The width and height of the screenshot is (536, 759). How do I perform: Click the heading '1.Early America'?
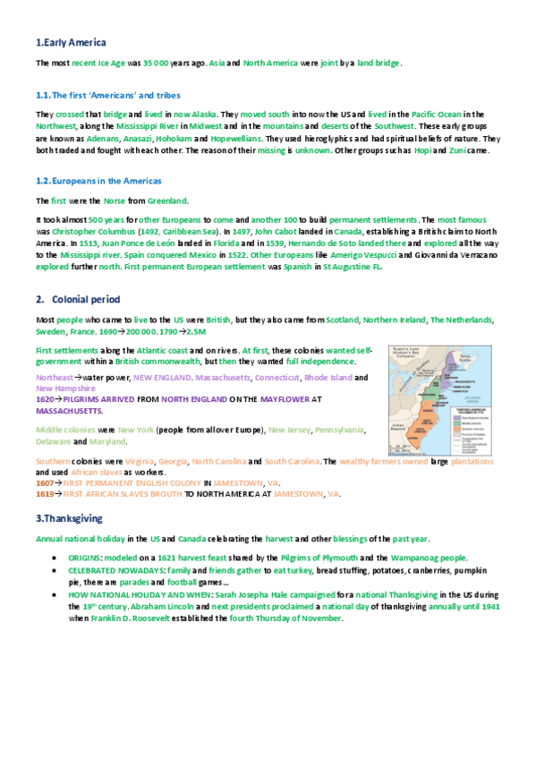coord(71,42)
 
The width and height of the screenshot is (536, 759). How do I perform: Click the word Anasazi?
coord(132,140)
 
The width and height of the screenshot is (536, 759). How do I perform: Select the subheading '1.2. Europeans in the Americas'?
coord(98,181)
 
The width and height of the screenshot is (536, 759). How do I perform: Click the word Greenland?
coord(166,200)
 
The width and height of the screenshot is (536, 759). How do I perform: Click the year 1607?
coord(45,482)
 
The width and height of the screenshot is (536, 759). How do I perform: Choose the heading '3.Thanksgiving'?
coord(69,518)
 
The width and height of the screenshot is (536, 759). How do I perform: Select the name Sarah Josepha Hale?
coord(271,593)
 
